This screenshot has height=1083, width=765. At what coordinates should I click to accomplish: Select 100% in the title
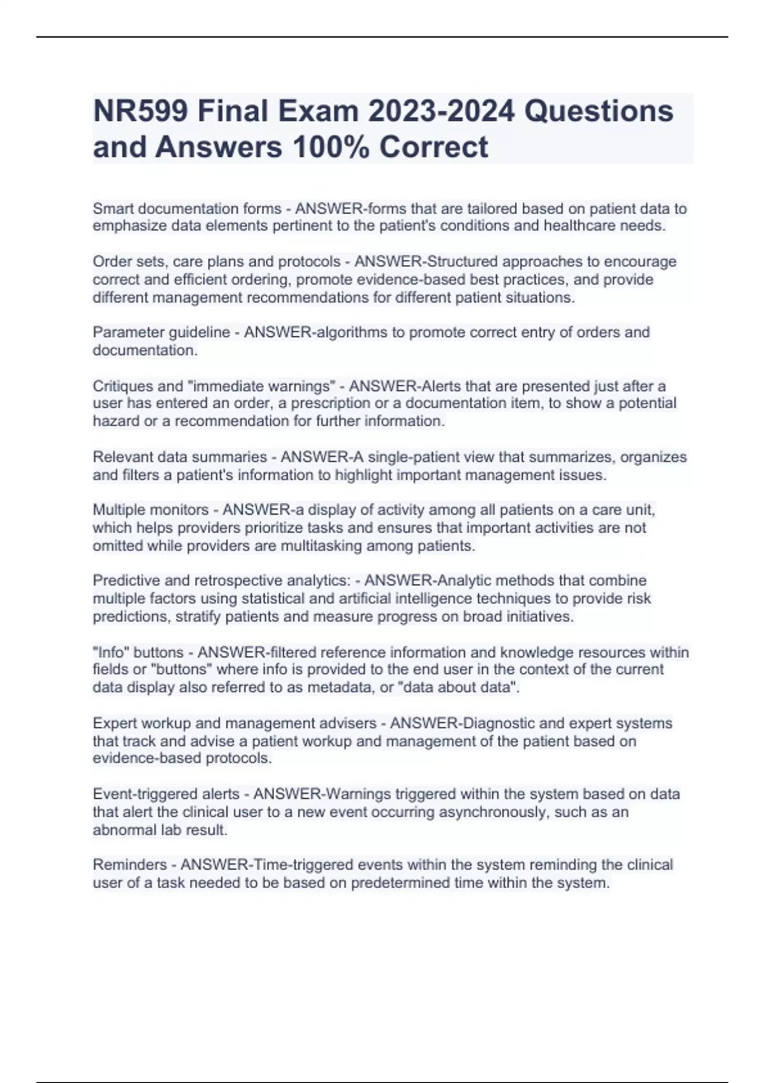(x=331, y=147)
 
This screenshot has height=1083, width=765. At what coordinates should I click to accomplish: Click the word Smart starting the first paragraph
(x=113, y=208)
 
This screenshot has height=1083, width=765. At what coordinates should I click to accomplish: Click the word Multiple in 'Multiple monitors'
(x=119, y=510)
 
